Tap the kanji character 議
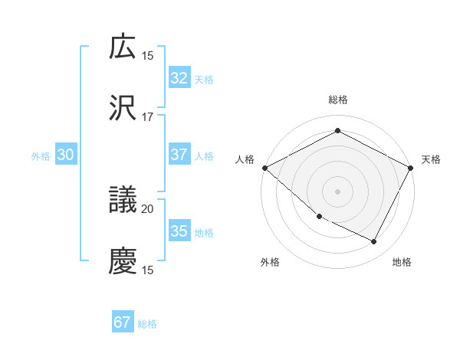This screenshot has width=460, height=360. tap(123, 200)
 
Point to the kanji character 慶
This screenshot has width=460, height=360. tap(123, 261)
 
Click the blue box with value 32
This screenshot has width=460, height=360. tap(179, 77)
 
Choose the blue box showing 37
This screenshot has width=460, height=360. tap(179, 155)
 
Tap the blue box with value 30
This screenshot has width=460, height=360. tap(66, 155)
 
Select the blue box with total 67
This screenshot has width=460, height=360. tap(123, 322)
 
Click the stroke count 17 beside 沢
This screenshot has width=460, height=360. tap(148, 117)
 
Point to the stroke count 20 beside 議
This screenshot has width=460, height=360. tap(148, 208)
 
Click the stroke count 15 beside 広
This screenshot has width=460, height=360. tap(148, 55)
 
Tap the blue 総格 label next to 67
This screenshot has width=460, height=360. tap(148, 324)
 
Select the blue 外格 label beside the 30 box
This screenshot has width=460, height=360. tap(41, 155)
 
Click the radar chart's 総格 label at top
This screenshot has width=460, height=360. tap(338, 100)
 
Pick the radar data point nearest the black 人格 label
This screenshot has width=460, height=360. tap(264, 168)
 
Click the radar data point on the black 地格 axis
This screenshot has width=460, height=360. tap(374, 242)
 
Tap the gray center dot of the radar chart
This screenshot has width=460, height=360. tap(338, 191)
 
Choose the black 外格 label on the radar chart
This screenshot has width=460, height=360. tap(270, 262)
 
